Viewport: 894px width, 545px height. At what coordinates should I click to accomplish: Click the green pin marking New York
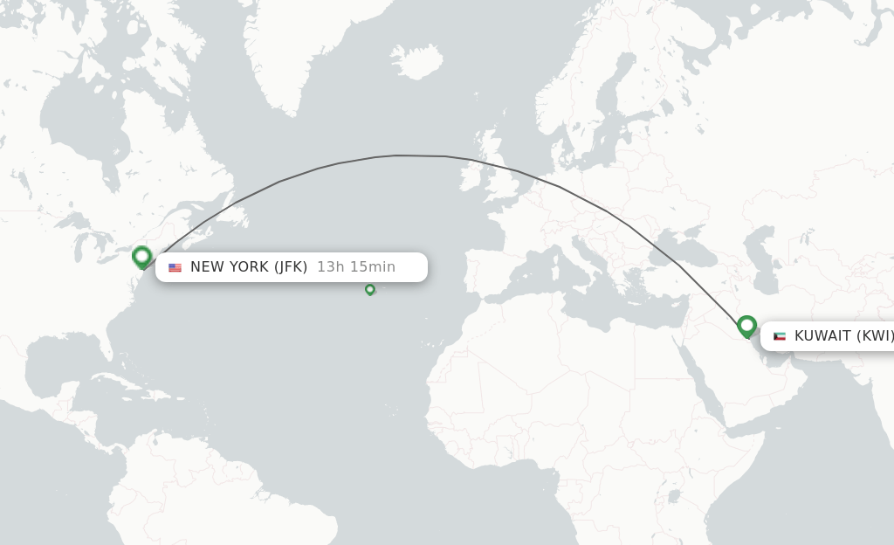pos(142,257)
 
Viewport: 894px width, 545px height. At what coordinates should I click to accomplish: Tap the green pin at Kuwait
pos(746,326)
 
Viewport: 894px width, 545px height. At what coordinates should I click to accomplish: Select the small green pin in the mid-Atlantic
pos(370,289)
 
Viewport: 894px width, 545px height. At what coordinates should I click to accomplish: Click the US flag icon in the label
pos(175,267)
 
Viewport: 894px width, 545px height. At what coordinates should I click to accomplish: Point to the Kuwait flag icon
pos(780,336)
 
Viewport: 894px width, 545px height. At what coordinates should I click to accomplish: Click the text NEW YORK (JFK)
pos(249,267)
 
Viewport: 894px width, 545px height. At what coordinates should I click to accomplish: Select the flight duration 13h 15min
pos(356,267)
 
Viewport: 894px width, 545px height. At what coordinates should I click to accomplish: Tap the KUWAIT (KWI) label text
pos(843,336)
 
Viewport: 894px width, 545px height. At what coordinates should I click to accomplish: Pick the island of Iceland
pos(416,62)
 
